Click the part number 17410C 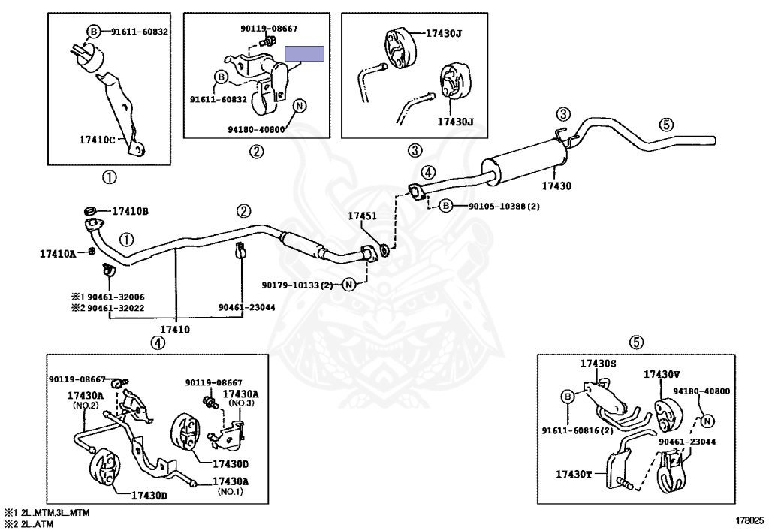tap(98, 138)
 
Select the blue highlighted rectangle tap(304, 53)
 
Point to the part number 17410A tap(58, 254)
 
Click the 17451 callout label tap(361, 216)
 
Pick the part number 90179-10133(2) tap(297, 285)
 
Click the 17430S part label tap(598, 363)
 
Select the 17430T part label tap(574, 474)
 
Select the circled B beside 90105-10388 tap(446, 205)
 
